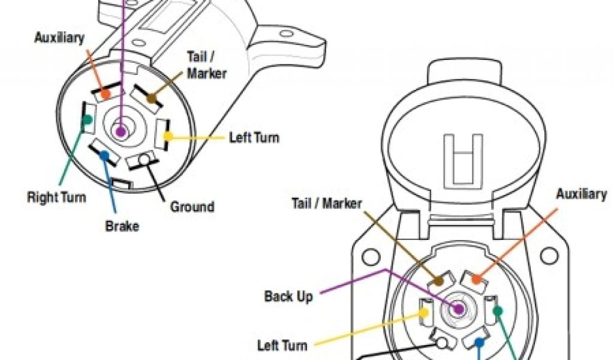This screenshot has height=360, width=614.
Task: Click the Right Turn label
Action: tap(56, 197)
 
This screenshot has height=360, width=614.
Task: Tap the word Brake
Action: tap(122, 226)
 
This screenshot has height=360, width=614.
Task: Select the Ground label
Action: tap(192, 207)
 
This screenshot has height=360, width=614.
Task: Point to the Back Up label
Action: tap(288, 296)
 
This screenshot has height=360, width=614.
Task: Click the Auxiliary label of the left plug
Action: tap(59, 38)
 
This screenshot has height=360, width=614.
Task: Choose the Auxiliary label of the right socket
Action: tap(581, 194)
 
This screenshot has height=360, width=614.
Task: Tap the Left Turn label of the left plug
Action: tap(254, 137)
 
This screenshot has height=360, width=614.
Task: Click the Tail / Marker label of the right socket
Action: tap(327, 203)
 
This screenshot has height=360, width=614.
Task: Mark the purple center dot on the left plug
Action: tap(121, 131)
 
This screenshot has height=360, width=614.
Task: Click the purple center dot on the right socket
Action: tap(459, 309)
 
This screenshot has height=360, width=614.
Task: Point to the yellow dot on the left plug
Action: tap(167, 136)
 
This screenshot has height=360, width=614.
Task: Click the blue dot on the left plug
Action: tap(104, 155)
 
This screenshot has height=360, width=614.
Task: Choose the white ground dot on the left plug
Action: tap(145, 160)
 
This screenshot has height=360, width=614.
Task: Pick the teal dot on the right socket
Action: tap(497, 310)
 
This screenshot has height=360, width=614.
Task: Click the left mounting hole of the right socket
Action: tap(369, 257)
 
